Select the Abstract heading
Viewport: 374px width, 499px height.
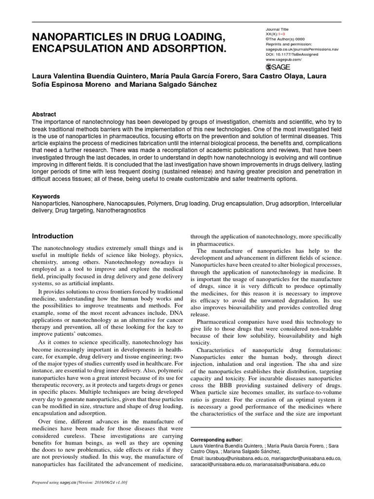44,114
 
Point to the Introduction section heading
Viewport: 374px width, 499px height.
53,236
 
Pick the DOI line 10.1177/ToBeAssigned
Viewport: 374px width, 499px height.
292,54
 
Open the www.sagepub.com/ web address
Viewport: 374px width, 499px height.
283,59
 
